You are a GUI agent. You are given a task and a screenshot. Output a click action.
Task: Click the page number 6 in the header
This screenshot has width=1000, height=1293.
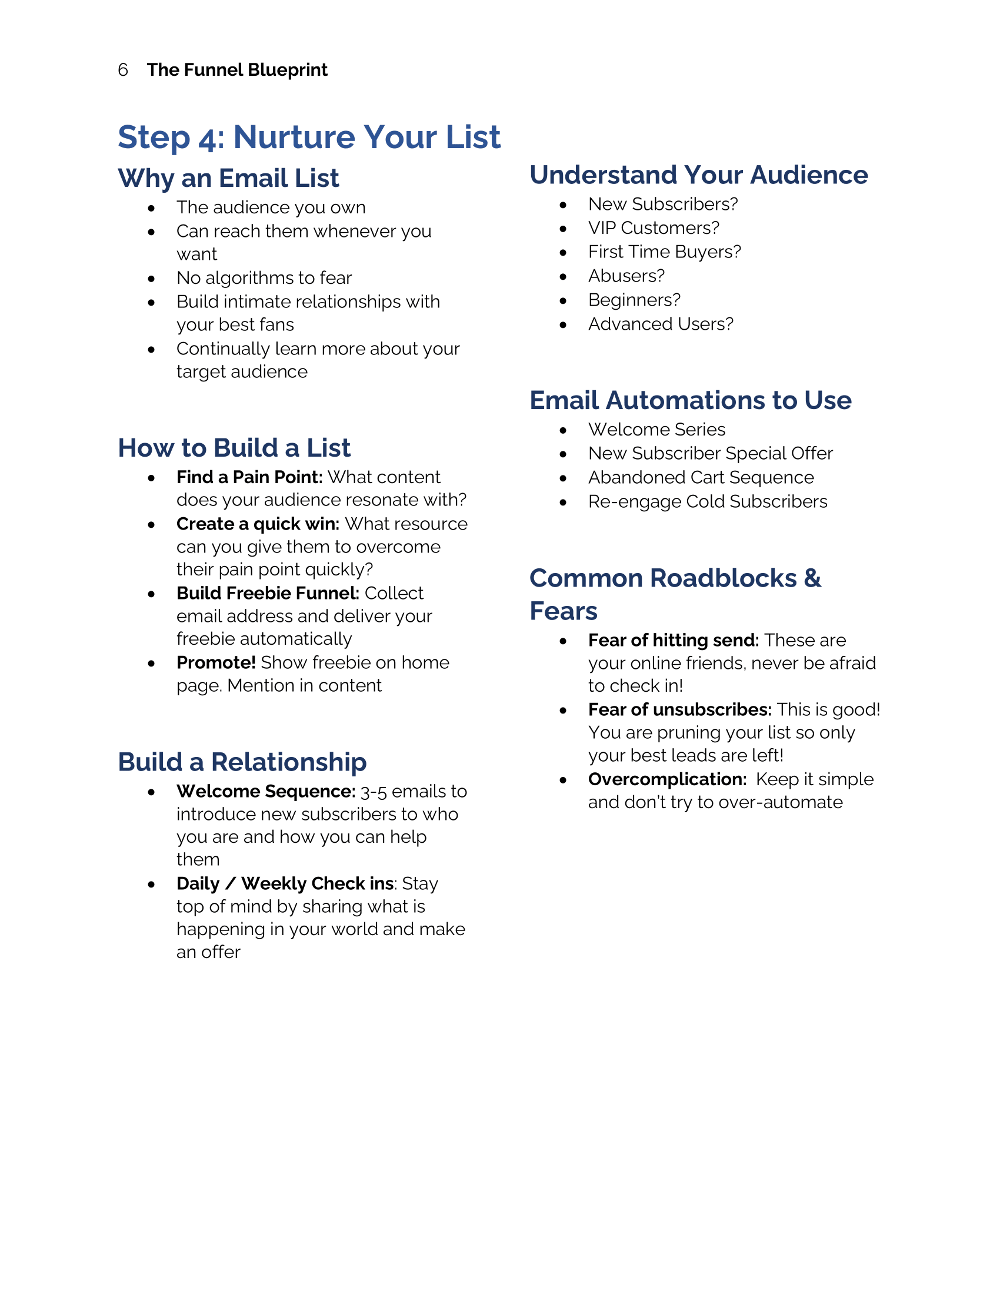coord(123,70)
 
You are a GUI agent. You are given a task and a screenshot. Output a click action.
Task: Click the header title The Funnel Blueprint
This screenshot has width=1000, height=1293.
coord(237,70)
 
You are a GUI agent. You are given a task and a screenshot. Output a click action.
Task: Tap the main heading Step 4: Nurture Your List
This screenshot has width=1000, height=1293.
coord(309,137)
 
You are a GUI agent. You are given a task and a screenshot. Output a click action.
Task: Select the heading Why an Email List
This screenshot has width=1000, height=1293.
coord(228,178)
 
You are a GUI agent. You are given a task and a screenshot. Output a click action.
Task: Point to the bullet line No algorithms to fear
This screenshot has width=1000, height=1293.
coord(264,277)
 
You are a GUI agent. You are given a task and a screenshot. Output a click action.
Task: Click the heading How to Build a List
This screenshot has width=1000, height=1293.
coord(234,448)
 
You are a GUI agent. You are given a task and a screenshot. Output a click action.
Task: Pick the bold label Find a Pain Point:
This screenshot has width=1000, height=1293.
coord(249,477)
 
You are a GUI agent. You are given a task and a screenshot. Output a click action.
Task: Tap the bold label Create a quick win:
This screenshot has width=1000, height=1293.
coord(258,524)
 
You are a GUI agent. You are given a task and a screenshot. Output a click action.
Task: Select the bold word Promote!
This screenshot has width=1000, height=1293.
coord(216,662)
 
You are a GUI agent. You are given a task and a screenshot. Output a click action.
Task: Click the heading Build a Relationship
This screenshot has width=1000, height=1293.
coord(242,762)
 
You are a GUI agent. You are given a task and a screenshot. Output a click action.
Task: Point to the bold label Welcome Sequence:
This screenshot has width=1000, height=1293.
coord(266,792)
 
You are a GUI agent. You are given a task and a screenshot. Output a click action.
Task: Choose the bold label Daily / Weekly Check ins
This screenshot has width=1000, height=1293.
coord(285,884)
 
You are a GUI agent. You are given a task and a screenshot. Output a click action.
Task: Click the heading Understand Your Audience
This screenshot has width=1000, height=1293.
coord(698,175)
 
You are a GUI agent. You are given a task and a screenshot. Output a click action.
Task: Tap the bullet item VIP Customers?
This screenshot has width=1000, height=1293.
coord(654,228)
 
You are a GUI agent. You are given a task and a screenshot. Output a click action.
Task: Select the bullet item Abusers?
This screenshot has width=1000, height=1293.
coord(626,276)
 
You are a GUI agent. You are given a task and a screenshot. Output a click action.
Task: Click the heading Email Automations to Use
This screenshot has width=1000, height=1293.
coord(690,400)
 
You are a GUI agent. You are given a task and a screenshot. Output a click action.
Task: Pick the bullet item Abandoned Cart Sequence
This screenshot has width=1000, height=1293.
coord(701,478)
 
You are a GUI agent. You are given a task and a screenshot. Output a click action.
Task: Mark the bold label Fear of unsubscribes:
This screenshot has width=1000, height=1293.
coord(679,710)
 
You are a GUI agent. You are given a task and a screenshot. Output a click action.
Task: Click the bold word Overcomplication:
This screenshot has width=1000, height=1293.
coord(667,780)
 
